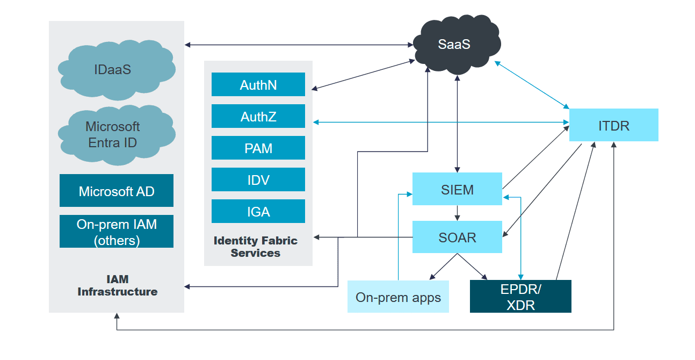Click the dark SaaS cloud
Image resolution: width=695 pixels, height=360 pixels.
click(x=454, y=45)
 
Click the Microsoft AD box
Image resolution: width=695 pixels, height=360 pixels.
click(x=117, y=191)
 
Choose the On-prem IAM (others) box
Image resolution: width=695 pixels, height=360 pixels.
click(x=117, y=232)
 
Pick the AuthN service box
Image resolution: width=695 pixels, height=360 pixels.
click(x=258, y=84)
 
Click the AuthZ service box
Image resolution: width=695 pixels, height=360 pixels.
click(x=258, y=116)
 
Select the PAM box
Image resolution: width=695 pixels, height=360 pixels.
click(x=258, y=148)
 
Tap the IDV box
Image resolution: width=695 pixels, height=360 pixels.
click(x=258, y=179)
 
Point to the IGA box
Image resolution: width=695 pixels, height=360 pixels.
click(x=258, y=211)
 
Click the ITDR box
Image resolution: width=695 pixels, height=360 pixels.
click(x=613, y=125)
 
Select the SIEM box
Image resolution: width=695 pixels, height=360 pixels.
click(x=457, y=189)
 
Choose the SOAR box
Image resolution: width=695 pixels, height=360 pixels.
click(x=457, y=237)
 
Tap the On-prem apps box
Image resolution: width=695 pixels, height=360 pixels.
click(x=398, y=297)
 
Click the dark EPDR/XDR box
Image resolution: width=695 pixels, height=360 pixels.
click(x=520, y=296)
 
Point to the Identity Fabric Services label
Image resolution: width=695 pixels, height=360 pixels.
click(x=256, y=247)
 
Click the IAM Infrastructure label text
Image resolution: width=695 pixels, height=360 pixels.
click(x=117, y=285)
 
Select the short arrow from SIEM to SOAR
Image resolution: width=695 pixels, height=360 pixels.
click(x=457, y=213)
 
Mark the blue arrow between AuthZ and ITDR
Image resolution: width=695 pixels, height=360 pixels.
click(x=440, y=123)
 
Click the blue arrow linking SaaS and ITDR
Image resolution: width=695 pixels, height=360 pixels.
click(x=532, y=84)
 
